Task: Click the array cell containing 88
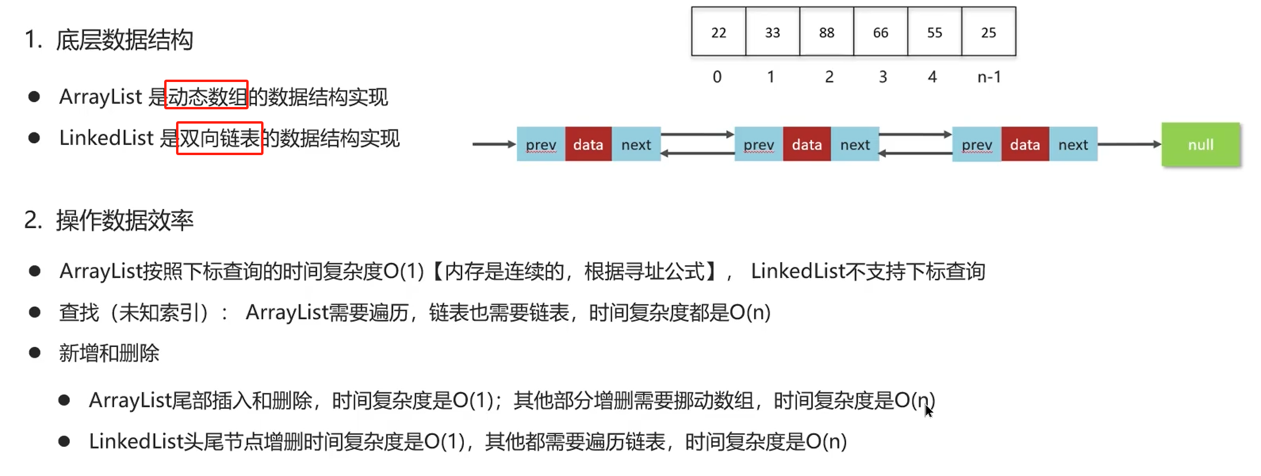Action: coord(826,32)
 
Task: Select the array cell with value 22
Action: coord(719,32)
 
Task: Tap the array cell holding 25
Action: coord(989,32)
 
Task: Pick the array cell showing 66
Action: coord(880,32)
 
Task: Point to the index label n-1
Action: coord(989,77)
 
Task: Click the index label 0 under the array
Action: coord(717,77)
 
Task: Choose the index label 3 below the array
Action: coord(883,77)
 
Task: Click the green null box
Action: coord(1200,144)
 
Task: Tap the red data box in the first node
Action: coord(588,144)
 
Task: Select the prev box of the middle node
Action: coord(759,144)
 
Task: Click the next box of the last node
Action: coord(1073,144)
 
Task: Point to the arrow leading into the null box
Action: coord(1130,144)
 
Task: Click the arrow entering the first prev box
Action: coord(494,144)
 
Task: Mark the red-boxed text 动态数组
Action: coord(206,95)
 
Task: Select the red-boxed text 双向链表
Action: coord(219,138)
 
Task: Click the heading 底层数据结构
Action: coord(124,40)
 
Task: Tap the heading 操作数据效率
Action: coord(125,220)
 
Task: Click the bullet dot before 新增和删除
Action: coord(35,353)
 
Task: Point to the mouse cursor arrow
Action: coord(929,411)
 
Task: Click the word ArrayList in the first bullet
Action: coord(101,96)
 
